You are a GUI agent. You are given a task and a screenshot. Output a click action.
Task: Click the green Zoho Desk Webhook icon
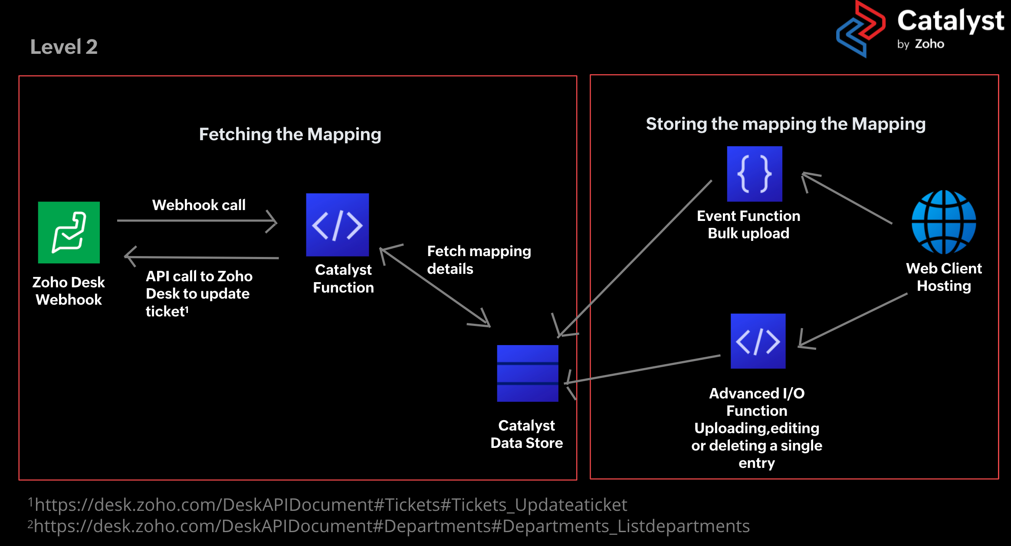[x=69, y=232]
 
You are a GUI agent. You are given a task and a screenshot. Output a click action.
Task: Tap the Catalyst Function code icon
[x=338, y=225]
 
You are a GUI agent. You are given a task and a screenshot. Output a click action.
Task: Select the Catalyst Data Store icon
[x=528, y=373]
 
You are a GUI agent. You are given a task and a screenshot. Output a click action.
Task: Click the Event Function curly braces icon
[x=755, y=174]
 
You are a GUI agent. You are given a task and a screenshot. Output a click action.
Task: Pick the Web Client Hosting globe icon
[x=944, y=222]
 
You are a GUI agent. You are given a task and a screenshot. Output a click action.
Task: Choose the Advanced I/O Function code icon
[x=758, y=341]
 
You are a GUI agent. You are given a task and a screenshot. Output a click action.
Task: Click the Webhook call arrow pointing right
[x=197, y=221]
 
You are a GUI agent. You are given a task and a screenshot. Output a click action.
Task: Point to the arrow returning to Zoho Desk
[x=202, y=257]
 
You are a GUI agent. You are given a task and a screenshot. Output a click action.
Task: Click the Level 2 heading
[x=64, y=47]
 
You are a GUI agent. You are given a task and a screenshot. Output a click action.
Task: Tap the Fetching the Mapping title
[x=290, y=134]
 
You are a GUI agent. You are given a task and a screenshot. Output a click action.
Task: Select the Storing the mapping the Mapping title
[x=785, y=124]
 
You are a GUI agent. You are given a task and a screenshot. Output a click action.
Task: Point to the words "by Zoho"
[x=920, y=44]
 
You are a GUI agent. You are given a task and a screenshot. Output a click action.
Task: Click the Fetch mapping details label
[x=479, y=260]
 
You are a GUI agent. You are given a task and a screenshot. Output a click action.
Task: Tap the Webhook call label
[x=199, y=205]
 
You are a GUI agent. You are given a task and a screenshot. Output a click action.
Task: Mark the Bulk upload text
[x=748, y=234]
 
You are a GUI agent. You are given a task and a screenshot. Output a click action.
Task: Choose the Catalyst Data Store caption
[x=527, y=434]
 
